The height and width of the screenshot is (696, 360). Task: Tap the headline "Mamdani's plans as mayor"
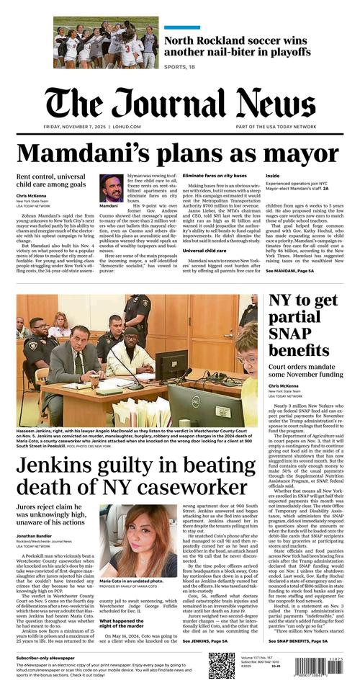(x=168, y=153)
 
